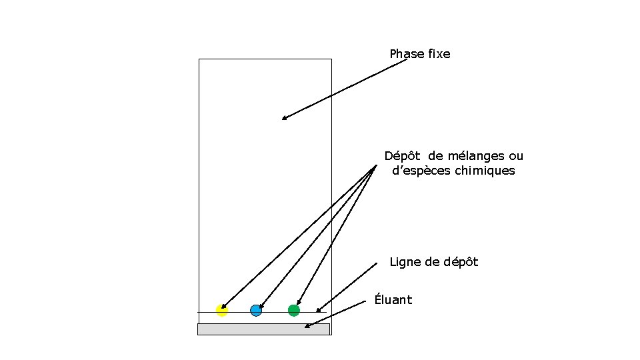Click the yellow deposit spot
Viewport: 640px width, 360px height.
(x=222, y=310)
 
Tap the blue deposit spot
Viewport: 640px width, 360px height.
(x=256, y=310)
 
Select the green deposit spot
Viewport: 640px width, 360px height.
(x=294, y=310)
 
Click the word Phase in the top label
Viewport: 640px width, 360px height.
(x=407, y=54)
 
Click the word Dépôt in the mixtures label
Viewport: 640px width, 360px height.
(x=403, y=156)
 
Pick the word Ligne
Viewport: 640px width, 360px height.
(x=405, y=262)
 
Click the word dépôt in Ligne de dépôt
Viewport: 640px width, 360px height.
(x=461, y=263)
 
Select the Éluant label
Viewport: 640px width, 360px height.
(x=393, y=300)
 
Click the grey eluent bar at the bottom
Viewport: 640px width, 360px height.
(x=263, y=329)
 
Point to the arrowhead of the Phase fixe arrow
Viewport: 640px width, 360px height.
(x=283, y=119)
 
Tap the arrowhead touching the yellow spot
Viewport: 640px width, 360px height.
(x=223, y=307)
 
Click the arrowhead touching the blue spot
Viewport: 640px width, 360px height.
(x=259, y=306)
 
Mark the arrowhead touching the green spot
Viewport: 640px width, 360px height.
(x=297, y=304)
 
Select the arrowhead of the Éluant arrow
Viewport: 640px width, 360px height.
(x=307, y=327)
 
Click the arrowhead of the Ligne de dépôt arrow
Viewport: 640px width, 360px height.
(x=318, y=311)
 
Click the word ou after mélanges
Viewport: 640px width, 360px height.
(x=516, y=156)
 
